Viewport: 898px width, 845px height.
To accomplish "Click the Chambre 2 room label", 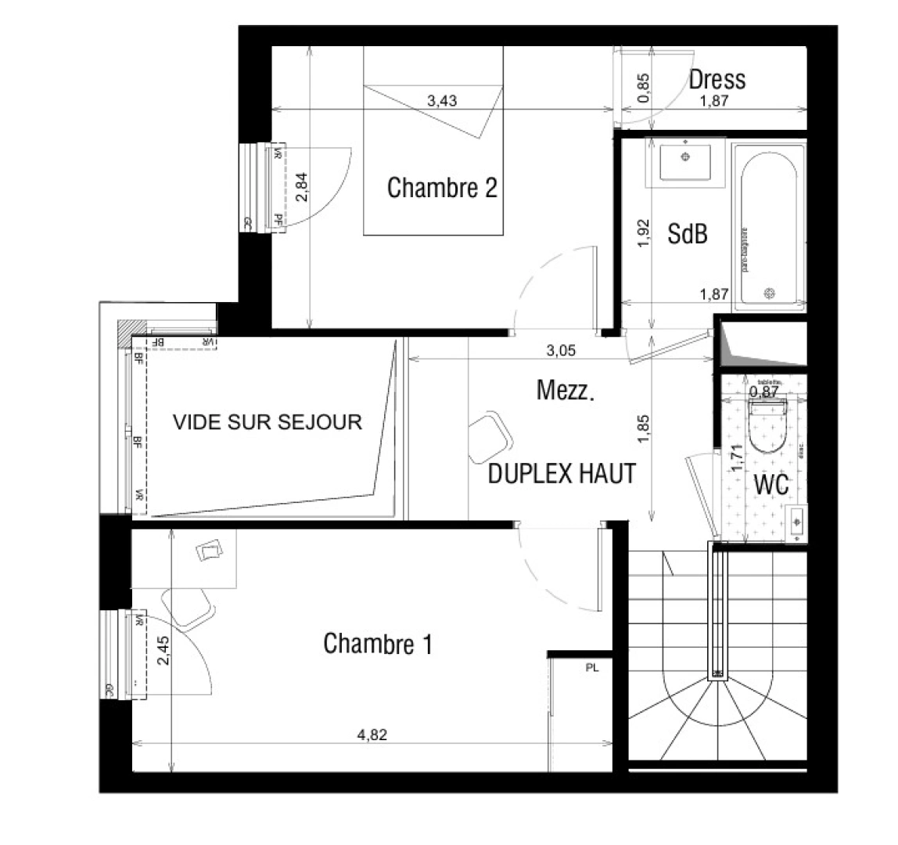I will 442,188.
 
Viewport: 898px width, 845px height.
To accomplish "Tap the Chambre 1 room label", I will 377,644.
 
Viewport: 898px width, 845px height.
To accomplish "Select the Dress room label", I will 717,79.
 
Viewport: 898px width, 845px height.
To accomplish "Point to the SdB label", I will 688,233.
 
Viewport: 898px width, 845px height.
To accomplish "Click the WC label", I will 770,484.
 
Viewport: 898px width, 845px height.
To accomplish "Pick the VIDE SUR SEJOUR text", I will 268,422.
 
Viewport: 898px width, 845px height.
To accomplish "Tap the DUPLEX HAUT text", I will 561,474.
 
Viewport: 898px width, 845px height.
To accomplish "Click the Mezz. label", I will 566,390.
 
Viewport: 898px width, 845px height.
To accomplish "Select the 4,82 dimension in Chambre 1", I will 372,735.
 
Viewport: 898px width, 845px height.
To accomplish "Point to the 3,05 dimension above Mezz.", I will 561,351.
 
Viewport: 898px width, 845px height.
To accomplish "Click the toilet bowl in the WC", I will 769,425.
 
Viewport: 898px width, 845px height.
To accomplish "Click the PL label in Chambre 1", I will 591,668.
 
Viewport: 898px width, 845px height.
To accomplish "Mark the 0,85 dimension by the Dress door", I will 643,88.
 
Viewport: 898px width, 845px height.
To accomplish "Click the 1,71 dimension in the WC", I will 735,458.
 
